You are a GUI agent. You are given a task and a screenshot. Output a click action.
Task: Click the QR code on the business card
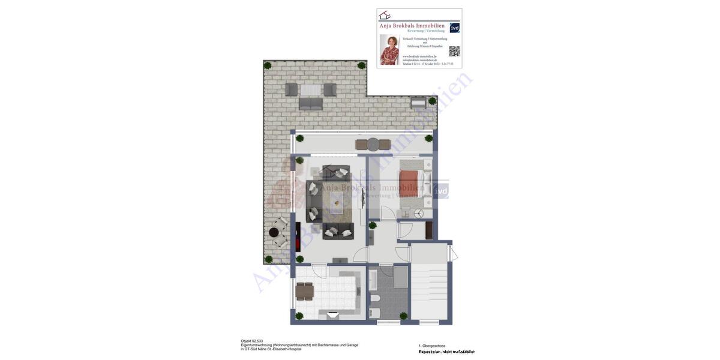tap(454, 52)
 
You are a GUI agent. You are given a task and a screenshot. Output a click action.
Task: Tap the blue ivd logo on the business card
tap(455, 28)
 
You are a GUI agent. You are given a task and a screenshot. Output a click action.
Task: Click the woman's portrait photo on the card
tap(389, 49)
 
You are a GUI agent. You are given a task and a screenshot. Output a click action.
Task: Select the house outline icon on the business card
tap(385, 15)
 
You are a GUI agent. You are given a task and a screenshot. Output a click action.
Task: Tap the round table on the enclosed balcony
tap(373, 145)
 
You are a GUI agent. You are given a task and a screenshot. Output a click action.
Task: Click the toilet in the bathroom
tap(375, 298)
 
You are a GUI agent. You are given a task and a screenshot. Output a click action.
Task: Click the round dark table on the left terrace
tap(274, 232)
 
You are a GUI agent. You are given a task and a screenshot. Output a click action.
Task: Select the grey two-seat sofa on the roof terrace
tap(311, 104)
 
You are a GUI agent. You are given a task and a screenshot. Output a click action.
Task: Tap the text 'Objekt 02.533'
tap(252, 341)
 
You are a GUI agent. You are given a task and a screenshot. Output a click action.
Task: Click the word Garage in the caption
tap(352, 345)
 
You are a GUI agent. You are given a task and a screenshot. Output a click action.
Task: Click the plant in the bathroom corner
tap(403, 316)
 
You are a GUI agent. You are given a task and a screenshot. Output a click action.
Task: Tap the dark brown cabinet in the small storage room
tap(429, 230)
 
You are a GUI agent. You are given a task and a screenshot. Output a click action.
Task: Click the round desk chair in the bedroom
tap(419, 214)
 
